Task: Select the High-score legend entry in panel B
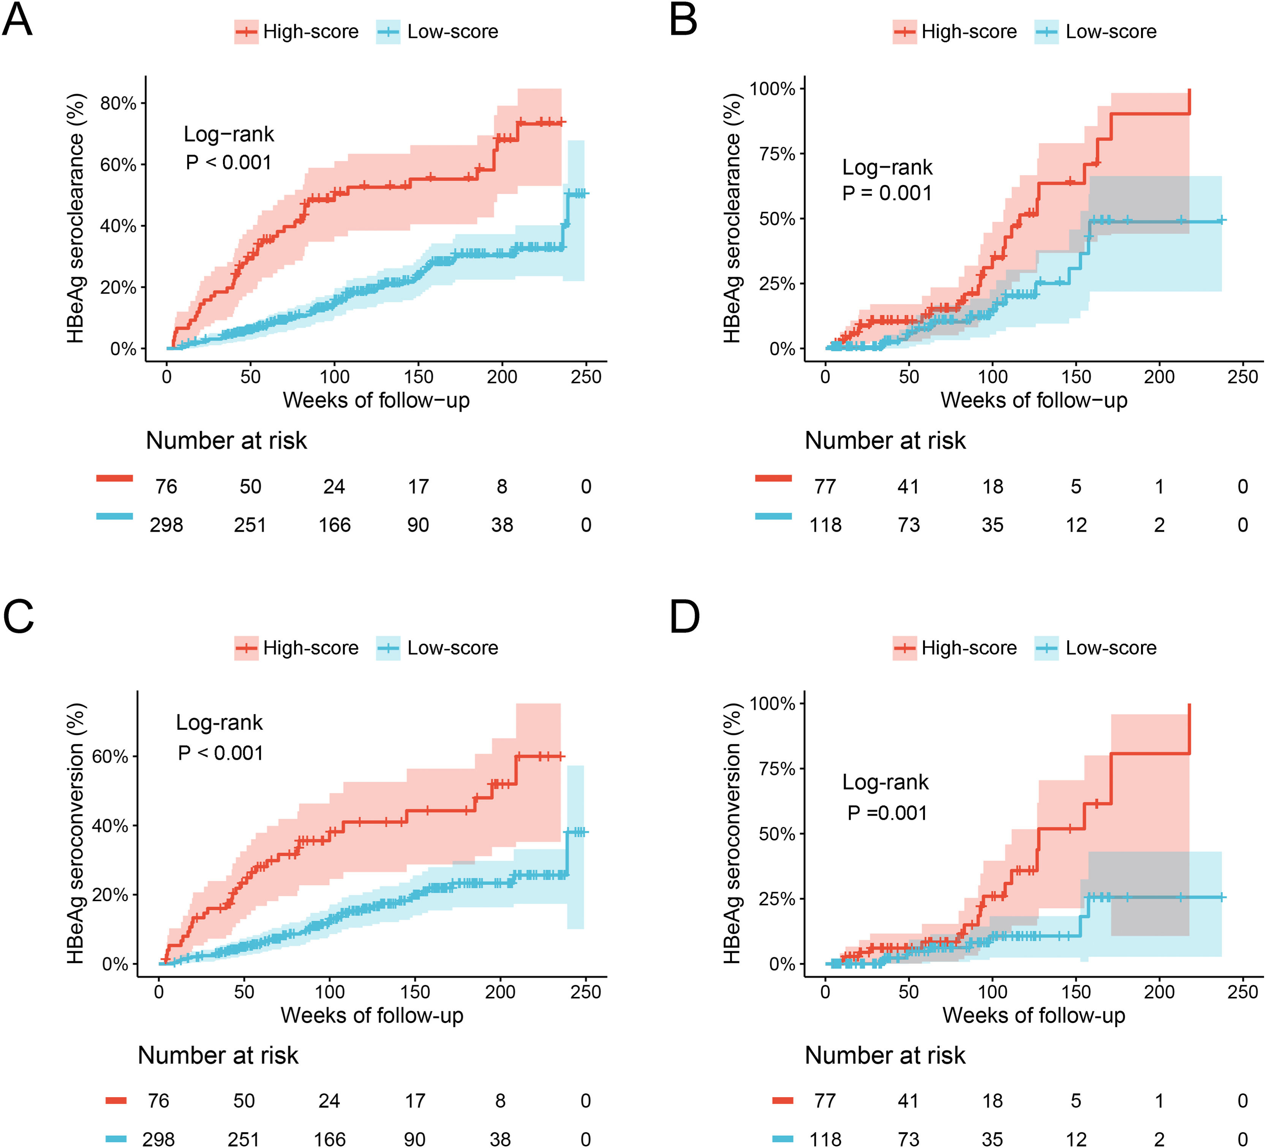(x=955, y=32)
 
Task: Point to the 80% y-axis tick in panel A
(x=118, y=103)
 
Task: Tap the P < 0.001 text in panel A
(x=229, y=163)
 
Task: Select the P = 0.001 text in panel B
(x=887, y=193)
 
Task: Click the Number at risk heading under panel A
(x=227, y=441)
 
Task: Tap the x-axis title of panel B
(x=1034, y=400)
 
